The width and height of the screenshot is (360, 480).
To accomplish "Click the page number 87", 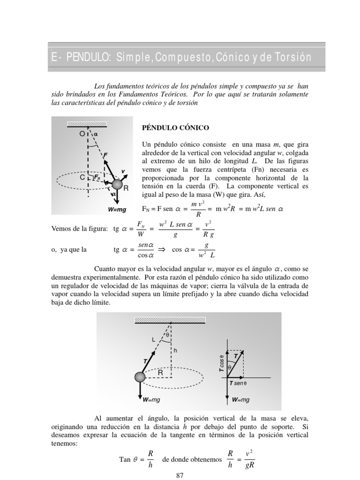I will pos(180,475).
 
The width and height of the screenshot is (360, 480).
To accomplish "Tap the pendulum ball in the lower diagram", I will pos(140,377).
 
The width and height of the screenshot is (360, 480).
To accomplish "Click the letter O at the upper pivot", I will pos(82,134).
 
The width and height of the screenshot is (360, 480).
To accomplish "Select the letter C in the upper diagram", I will pos(82,178).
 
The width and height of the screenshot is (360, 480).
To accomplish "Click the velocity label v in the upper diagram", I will pos(123,171).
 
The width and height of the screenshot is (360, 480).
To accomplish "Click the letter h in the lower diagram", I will pos(175,350).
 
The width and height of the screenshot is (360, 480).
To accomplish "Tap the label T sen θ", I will pos(238,383).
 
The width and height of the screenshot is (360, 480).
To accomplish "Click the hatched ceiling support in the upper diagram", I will pos(88,124).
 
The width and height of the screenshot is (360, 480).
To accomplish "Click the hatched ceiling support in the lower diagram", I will pos(170,321).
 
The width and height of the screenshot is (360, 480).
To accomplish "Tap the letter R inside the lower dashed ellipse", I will pos(160,373).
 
